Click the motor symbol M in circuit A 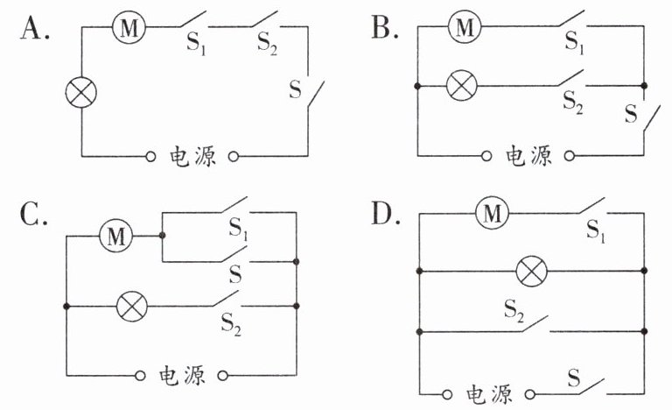pyautogui.click(x=129, y=27)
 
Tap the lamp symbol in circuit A pyautogui.click(x=81, y=92)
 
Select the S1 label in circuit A pyautogui.click(x=196, y=44)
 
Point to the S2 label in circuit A pyautogui.click(x=267, y=44)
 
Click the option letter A pyautogui.click(x=34, y=28)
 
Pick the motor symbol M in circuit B pyautogui.click(x=465, y=26)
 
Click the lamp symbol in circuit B pyautogui.click(x=462, y=86)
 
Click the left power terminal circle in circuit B pyautogui.click(x=486, y=156)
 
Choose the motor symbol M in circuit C pyautogui.click(x=115, y=236)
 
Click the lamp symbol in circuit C pyautogui.click(x=132, y=306)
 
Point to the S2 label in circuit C pyautogui.click(x=231, y=324)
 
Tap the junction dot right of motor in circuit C pyautogui.click(x=162, y=236)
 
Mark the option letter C pyautogui.click(x=33, y=214)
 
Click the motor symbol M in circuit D pyautogui.click(x=492, y=214)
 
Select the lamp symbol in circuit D pyautogui.click(x=531, y=272)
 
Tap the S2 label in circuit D pyautogui.click(x=514, y=310)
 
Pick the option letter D pyautogui.click(x=386, y=214)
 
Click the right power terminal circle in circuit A pyautogui.click(x=233, y=156)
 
